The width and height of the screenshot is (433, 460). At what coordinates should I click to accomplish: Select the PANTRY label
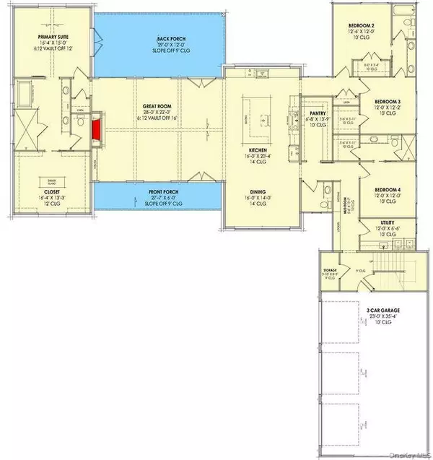tap(318, 113)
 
